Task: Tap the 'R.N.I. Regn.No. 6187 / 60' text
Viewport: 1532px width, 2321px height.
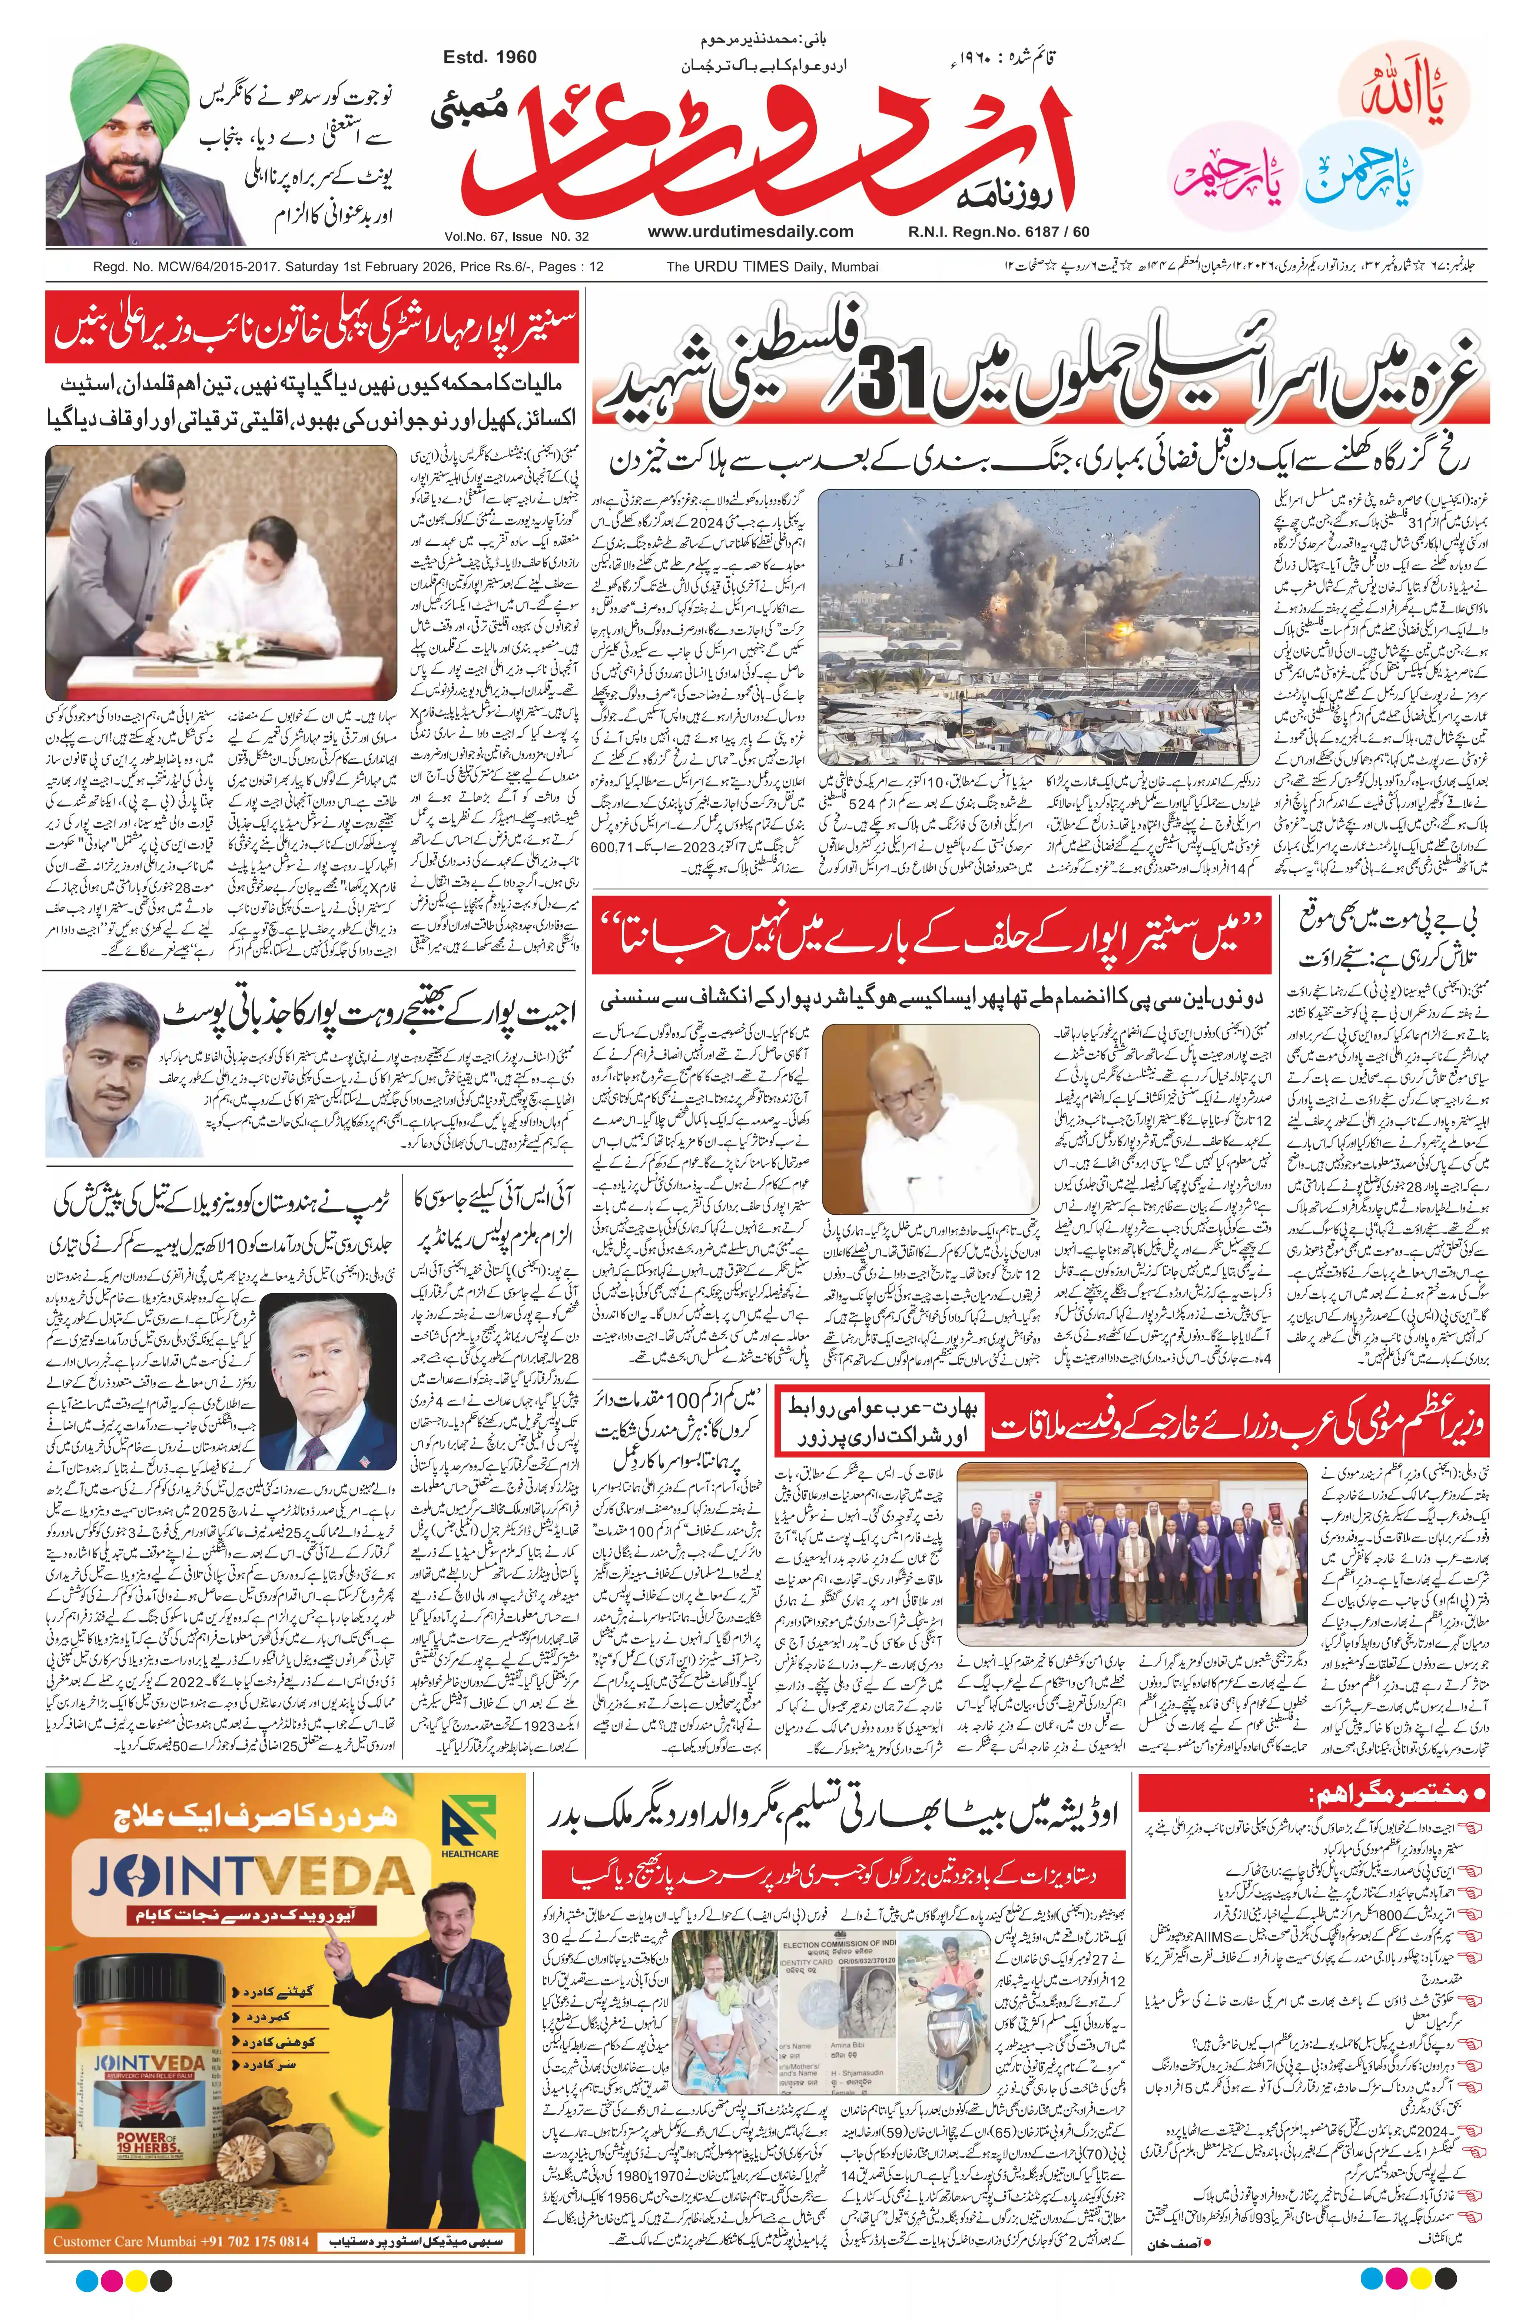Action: pos(997,232)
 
